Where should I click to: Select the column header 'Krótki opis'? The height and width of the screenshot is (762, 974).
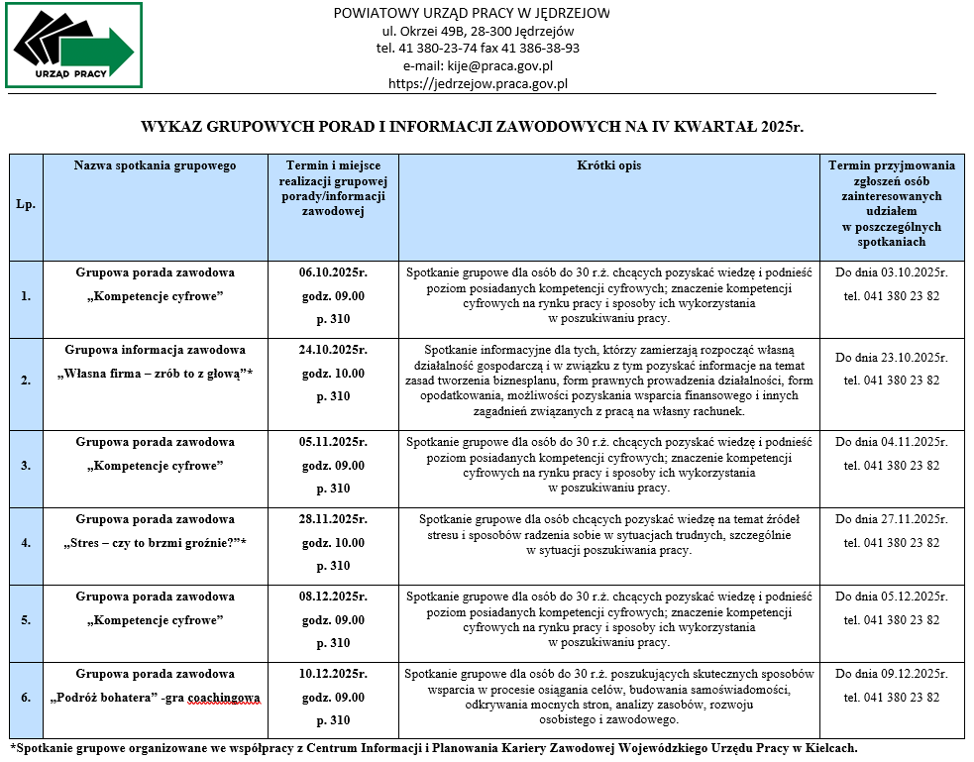point(608,165)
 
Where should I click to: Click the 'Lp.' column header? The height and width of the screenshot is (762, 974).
point(26,204)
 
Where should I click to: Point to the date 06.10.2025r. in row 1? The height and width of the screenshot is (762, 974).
point(333,272)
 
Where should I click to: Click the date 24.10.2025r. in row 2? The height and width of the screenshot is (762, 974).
point(333,350)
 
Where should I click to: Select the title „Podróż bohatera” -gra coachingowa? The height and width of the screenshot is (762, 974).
point(155,698)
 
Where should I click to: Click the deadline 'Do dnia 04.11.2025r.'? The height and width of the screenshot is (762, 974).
point(891,442)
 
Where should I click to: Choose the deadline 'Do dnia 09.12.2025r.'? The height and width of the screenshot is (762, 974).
point(891,674)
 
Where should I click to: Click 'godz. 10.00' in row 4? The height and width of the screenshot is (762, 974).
point(333,543)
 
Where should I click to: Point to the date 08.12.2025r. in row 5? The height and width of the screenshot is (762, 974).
point(333,597)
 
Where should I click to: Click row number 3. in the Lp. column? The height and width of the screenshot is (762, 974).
point(26,465)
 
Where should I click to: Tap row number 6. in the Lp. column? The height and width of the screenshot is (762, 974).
point(26,698)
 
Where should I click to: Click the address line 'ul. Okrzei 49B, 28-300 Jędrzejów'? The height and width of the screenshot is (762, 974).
point(471,31)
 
